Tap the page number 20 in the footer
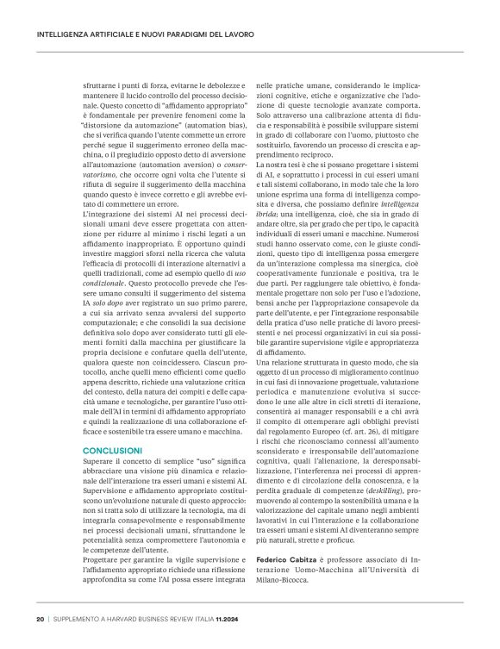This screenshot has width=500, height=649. pos(41,619)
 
